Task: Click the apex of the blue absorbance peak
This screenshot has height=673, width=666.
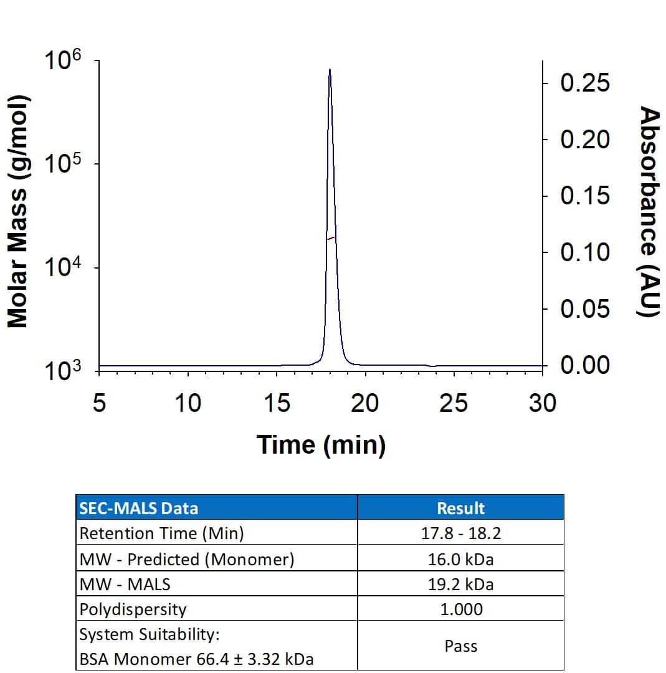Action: pyautogui.click(x=330, y=70)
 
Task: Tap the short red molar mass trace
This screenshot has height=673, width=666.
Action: pyautogui.click(x=331, y=238)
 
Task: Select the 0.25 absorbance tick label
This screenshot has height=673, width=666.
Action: pyautogui.click(x=585, y=83)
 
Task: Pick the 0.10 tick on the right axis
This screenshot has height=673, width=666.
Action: pyautogui.click(x=585, y=252)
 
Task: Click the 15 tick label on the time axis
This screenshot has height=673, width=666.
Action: pyautogui.click(x=277, y=404)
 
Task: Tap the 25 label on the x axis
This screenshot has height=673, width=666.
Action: pyautogui.click(x=454, y=404)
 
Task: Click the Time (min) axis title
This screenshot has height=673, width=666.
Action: pyautogui.click(x=321, y=445)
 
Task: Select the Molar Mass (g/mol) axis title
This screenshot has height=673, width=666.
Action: pyautogui.click(x=18, y=211)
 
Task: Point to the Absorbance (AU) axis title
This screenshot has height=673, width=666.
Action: pyautogui.click(x=650, y=211)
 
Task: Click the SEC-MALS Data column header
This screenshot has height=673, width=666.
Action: pyautogui.click(x=139, y=508)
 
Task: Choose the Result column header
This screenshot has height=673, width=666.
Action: pyautogui.click(x=460, y=508)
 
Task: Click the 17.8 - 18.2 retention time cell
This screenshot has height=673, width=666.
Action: pyautogui.click(x=460, y=533)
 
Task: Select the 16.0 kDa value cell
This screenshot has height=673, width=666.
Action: pyautogui.click(x=460, y=559)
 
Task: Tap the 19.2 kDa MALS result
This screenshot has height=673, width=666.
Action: pyautogui.click(x=460, y=585)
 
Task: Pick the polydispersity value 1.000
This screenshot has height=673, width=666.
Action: pyautogui.click(x=460, y=609)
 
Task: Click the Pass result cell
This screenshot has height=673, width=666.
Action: pyautogui.click(x=460, y=646)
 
